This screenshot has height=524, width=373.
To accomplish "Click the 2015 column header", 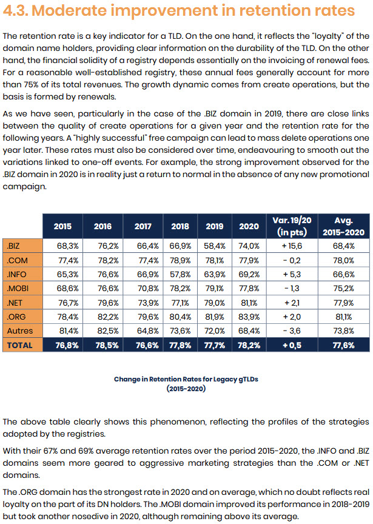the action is click(62, 226).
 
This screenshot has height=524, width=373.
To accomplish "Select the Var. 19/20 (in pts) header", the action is click(292, 226).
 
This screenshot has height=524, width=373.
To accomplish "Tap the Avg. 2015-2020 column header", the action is click(344, 226).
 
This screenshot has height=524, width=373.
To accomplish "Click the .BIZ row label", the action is click(13, 246).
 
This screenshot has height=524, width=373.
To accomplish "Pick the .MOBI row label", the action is click(18, 289).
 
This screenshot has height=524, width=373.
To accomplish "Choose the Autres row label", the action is click(20, 331).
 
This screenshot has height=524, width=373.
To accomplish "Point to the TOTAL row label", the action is click(20, 345).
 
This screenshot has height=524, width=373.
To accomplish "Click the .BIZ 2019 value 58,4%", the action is click(215, 246).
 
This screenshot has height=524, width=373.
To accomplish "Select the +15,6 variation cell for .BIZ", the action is click(292, 246).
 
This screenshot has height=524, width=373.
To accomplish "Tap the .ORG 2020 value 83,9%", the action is click(249, 317).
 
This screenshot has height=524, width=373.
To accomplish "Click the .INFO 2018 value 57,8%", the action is click(180, 274).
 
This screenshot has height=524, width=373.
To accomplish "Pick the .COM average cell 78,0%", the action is click(344, 260).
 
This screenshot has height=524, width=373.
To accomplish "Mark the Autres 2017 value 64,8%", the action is click(148, 331).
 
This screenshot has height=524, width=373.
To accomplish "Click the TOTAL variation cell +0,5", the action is click(292, 345).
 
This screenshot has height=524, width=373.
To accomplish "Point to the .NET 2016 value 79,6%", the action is click(108, 303).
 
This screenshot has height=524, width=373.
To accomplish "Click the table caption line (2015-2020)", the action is click(186, 389).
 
